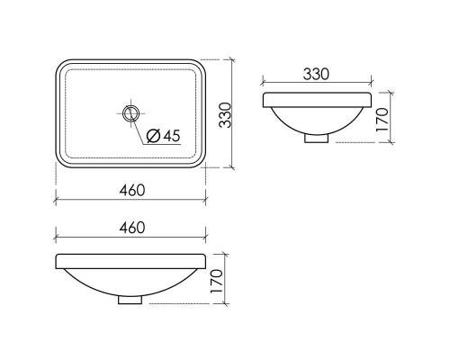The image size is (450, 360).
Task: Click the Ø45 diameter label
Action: [163, 136]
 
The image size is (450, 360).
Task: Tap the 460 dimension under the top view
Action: [131, 190]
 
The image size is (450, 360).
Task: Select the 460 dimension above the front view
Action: [131, 229]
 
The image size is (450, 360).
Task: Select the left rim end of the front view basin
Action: [59, 262]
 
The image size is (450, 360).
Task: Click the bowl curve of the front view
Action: [90, 286]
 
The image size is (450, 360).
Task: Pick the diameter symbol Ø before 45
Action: [153, 136]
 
